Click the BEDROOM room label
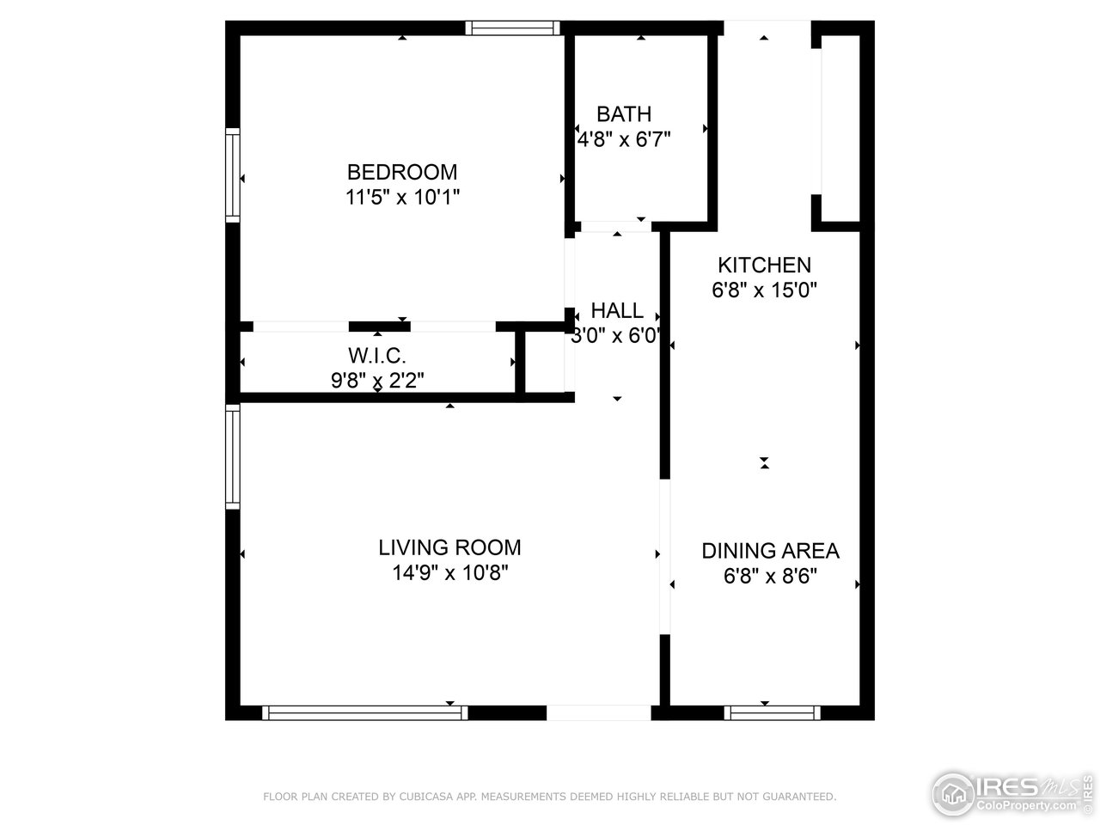pos(402,171)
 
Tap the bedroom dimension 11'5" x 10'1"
pos(402,197)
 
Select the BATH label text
pos(624,113)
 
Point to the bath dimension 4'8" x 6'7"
pos(624,138)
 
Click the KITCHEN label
pos(764,265)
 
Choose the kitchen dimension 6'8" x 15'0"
pos(764,290)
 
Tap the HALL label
pos(616,310)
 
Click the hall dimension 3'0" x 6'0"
pos(615,335)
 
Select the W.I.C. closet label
pos(377,355)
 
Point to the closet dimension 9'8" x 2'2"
pos(377,380)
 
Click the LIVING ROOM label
pos(449,547)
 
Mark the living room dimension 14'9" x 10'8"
pos(449,573)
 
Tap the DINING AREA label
pos(770,551)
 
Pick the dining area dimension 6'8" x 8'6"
pos(770,576)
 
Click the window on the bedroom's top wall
pos(513,28)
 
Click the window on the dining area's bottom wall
pos(772,712)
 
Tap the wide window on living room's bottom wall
pos(365,712)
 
